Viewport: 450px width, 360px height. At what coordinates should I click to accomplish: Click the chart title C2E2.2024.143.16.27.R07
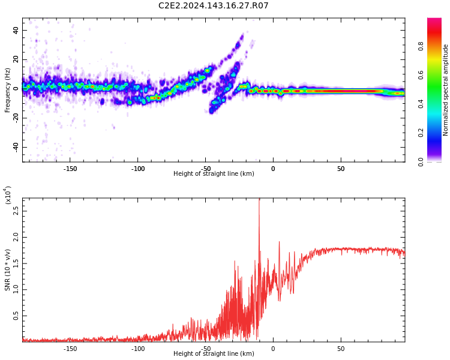point(213,6)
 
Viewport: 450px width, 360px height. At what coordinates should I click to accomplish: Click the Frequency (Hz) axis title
point(8,90)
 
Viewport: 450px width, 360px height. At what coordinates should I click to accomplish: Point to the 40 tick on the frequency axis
point(16,30)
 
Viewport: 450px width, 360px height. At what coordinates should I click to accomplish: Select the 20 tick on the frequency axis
point(16,59)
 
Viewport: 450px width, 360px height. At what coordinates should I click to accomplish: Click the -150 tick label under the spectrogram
point(70,169)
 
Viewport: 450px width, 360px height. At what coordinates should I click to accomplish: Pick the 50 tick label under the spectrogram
point(340,169)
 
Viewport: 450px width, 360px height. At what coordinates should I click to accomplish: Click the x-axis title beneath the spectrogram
point(214,174)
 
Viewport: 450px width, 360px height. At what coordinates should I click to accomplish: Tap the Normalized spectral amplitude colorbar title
point(446,90)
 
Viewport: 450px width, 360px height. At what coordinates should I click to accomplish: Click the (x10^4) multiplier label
point(8,195)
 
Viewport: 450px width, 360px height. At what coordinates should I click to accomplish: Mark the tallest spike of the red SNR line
point(259,199)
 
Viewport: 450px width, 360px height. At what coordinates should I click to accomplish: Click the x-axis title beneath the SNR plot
point(214,354)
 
